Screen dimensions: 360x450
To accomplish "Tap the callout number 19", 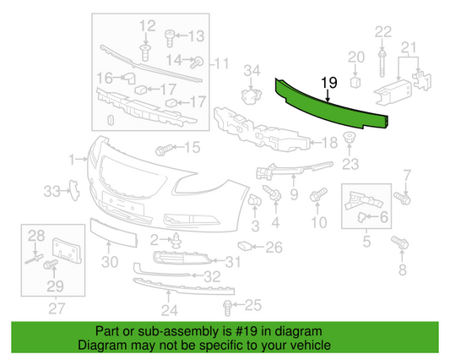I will [x=328, y=83].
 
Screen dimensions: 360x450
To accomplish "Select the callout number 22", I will [x=383, y=32].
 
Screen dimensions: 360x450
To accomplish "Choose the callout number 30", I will [x=110, y=262].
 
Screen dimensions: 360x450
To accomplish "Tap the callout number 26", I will [x=274, y=248].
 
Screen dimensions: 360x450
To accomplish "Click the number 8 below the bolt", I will [x=402, y=270].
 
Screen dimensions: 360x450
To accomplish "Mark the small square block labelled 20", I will [x=355, y=83].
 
